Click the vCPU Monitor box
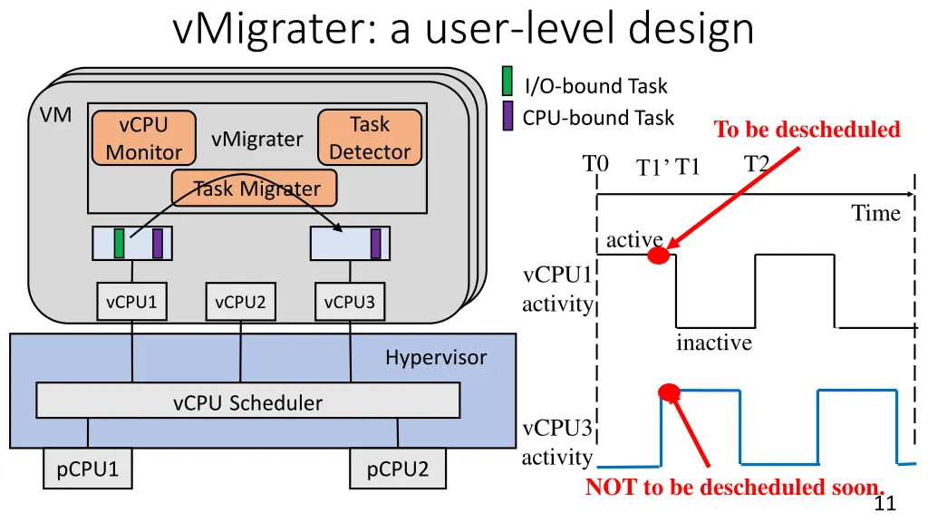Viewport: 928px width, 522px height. (x=144, y=138)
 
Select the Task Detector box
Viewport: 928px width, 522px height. (x=370, y=138)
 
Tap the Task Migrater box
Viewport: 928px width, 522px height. (x=253, y=188)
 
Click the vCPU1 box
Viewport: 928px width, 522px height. (x=131, y=303)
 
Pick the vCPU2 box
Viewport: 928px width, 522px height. (x=240, y=303)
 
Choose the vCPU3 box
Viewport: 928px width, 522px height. (x=349, y=303)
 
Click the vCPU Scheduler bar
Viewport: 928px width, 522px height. (x=247, y=401)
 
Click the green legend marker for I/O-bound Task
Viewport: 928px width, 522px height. (x=508, y=81)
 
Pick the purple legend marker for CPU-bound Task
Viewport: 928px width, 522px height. (x=508, y=115)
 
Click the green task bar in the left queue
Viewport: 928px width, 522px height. (x=119, y=243)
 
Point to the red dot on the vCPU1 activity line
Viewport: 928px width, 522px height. (x=659, y=256)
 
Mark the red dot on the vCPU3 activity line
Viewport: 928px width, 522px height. (x=669, y=392)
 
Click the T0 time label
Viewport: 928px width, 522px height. (x=595, y=164)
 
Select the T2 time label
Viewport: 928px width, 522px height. (x=757, y=164)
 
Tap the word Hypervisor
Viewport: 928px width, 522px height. (x=435, y=357)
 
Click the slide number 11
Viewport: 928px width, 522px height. (x=885, y=505)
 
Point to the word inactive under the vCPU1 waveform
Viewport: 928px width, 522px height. (x=714, y=343)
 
